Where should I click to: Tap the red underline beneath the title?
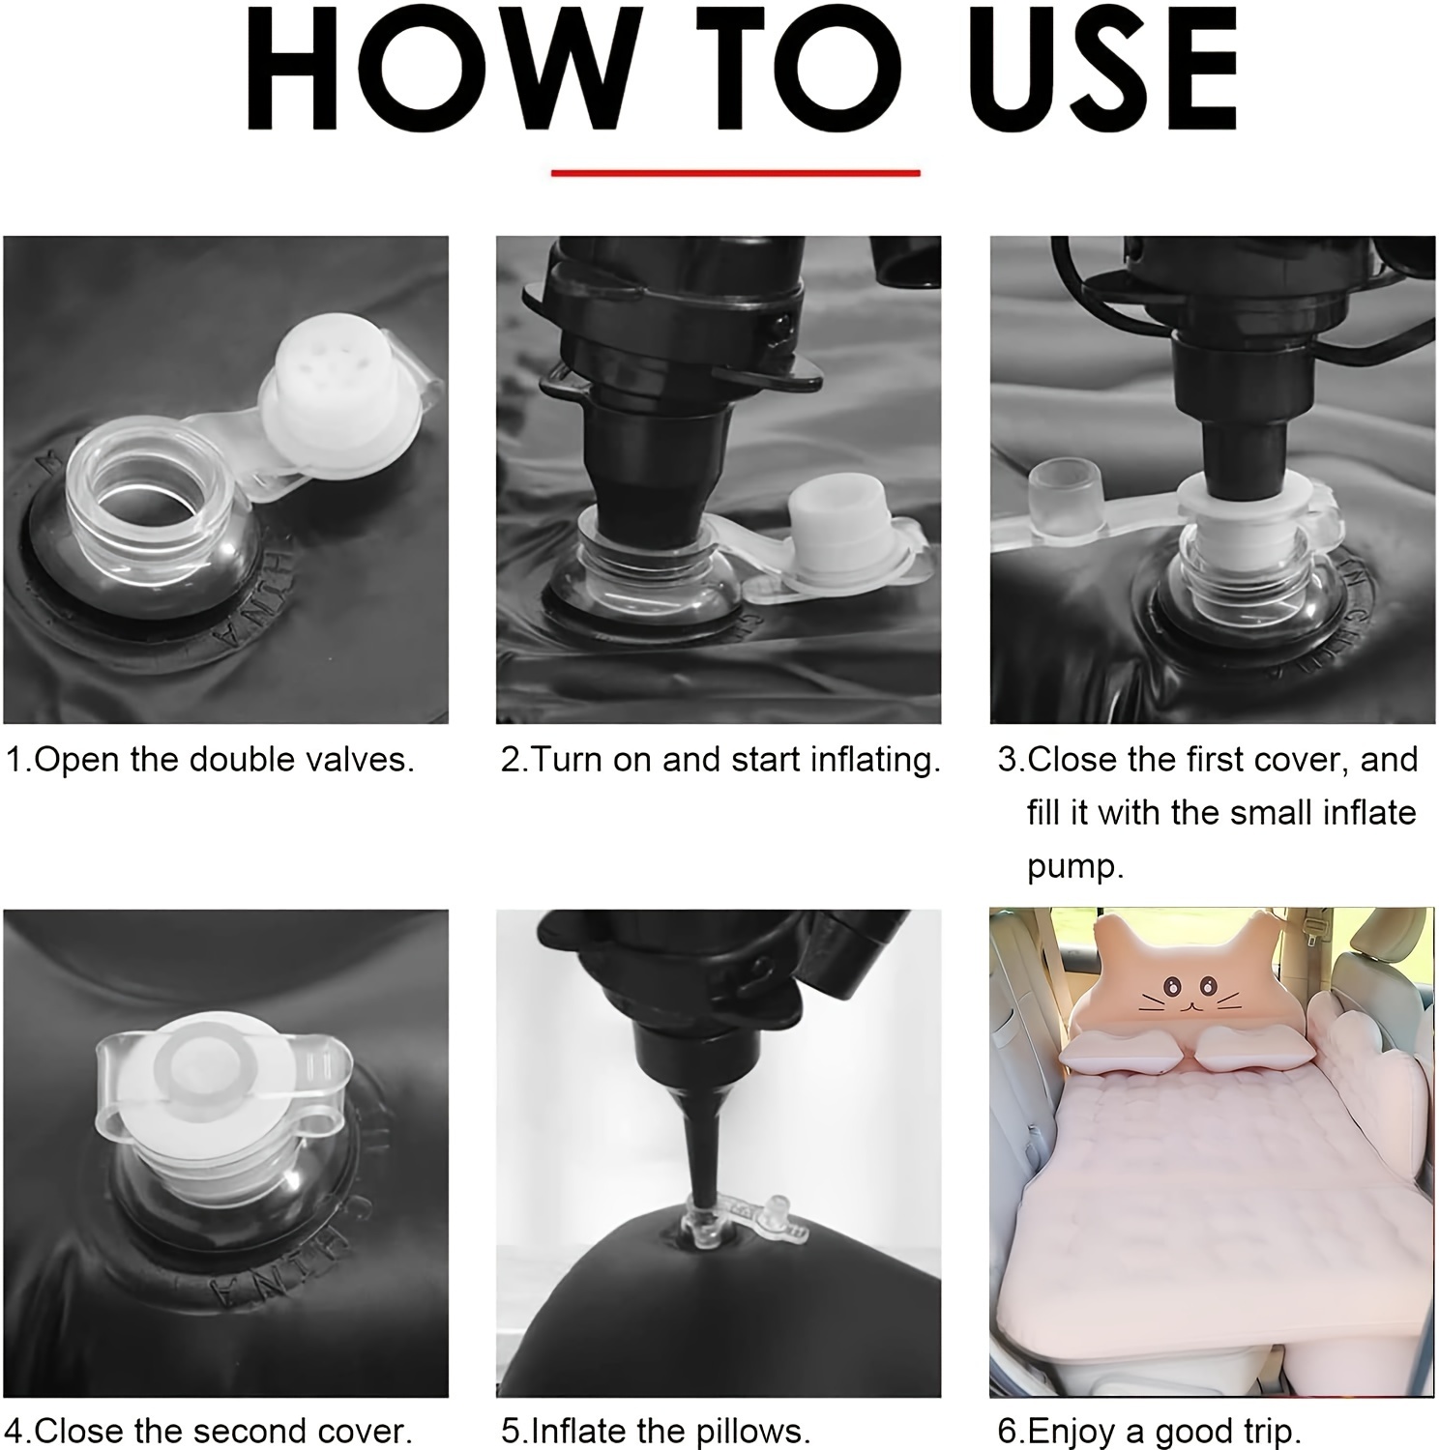(735, 173)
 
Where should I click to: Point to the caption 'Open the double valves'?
(210, 760)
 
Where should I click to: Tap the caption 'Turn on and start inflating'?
(720, 761)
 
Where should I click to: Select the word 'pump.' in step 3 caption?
(1075, 867)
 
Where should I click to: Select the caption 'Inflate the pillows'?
(656, 1430)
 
